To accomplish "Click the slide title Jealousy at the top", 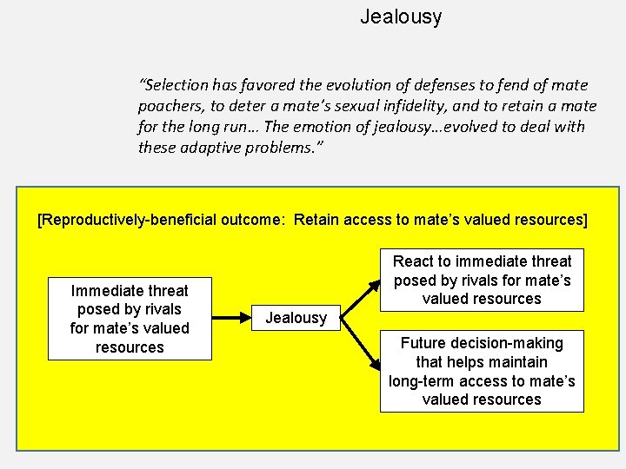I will [401, 17].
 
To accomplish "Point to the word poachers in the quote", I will [170, 106].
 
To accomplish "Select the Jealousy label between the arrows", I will [296, 318].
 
